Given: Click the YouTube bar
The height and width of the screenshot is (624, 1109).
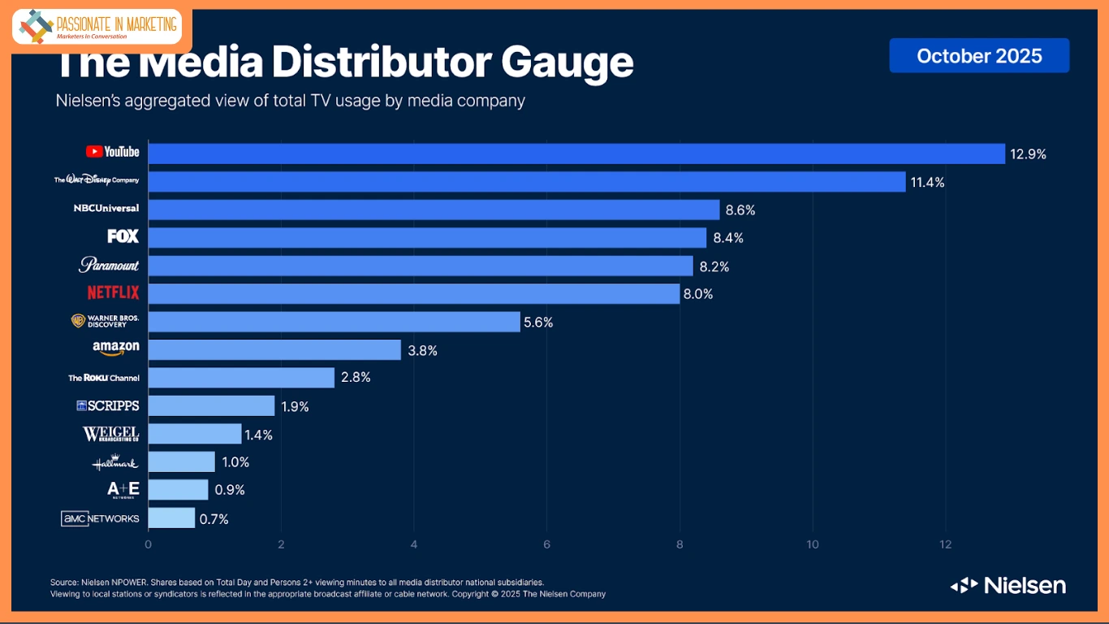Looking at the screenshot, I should (x=576, y=154).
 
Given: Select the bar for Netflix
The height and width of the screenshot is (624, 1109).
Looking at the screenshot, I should (x=414, y=293).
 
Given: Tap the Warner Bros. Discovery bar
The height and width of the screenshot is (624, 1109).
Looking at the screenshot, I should (x=334, y=322).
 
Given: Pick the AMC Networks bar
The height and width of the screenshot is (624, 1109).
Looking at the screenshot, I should (x=172, y=518).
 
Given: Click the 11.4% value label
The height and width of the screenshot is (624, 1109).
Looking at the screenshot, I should (x=927, y=182).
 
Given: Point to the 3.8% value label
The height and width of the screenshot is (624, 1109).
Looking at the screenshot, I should (x=422, y=350).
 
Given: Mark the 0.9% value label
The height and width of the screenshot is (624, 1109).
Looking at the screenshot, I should (x=228, y=490).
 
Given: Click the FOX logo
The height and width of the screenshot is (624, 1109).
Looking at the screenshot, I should (x=123, y=236).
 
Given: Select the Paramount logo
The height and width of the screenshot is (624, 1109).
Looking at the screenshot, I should (x=109, y=265).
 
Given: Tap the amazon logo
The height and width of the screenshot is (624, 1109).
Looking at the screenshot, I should (x=116, y=348).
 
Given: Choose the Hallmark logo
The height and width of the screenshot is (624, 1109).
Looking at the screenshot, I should (x=114, y=462).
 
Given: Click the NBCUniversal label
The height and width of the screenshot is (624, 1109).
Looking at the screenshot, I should (x=106, y=208).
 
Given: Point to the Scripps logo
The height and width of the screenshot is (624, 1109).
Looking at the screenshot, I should (x=108, y=405).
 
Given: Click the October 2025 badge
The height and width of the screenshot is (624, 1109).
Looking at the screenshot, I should (x=979, y=55).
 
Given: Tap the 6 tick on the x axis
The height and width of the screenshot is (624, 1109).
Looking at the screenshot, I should (x=546, y=544).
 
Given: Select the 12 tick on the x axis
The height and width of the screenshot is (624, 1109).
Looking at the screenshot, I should (x=945, y=544).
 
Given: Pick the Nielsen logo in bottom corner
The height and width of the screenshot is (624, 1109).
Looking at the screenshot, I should (x=1008, y=585).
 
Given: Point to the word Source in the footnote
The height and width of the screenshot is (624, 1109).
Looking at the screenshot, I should (x=63, y=582).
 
